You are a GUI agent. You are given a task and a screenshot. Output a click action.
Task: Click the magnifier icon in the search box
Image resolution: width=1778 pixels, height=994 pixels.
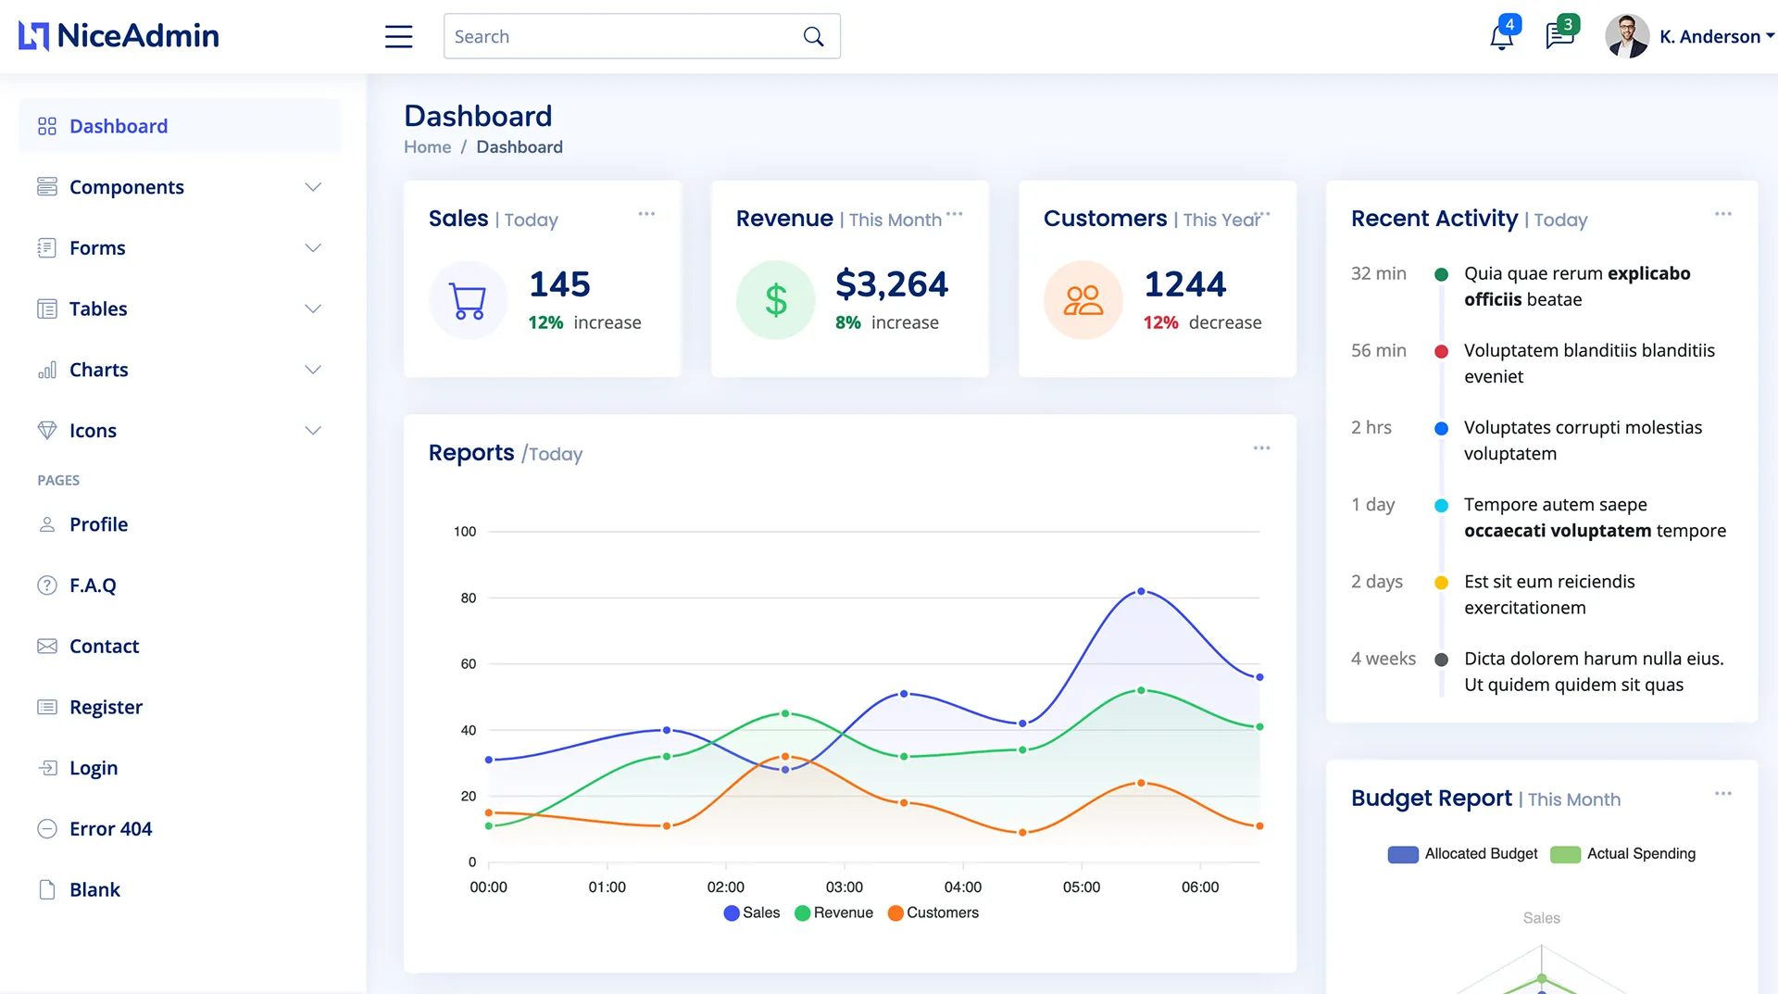813,36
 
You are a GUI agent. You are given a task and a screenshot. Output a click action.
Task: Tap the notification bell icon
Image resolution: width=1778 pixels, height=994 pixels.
1501,37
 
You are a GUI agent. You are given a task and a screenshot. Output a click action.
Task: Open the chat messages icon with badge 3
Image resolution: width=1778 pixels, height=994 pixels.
1559,36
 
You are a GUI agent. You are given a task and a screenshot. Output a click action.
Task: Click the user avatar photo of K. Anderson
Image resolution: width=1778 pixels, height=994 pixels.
1627,36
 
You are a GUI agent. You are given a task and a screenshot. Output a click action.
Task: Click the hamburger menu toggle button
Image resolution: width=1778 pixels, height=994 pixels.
398,36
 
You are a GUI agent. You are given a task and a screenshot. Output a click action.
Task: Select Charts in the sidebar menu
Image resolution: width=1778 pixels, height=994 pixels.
98,370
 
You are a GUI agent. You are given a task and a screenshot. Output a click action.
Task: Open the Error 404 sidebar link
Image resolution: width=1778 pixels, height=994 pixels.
110,829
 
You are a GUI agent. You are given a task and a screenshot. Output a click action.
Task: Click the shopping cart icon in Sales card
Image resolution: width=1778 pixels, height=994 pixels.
468,300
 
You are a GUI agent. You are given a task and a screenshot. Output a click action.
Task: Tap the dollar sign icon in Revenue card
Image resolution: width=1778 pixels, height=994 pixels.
776,300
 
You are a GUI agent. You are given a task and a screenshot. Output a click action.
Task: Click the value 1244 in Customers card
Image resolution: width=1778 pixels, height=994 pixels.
1184,284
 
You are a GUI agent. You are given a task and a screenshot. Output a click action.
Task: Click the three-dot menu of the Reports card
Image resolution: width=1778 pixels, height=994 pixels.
1261,448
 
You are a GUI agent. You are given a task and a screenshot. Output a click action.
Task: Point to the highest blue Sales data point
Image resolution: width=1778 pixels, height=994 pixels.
1141,591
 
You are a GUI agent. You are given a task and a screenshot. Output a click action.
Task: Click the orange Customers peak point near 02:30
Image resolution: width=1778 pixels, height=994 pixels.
785,757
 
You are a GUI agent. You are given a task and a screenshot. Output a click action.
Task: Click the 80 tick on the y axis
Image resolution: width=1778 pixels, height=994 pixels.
469,598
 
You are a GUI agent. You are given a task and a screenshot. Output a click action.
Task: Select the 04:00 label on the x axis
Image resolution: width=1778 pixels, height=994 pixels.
963,887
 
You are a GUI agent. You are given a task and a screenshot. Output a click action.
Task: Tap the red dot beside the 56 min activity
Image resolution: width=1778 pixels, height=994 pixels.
1441,351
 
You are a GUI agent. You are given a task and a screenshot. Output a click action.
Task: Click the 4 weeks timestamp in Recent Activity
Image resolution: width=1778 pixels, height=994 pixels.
1383,659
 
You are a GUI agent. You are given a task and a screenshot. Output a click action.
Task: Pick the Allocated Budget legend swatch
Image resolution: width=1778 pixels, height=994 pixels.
1403,854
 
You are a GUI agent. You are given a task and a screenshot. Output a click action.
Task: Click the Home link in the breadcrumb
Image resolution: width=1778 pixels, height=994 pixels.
427,147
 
